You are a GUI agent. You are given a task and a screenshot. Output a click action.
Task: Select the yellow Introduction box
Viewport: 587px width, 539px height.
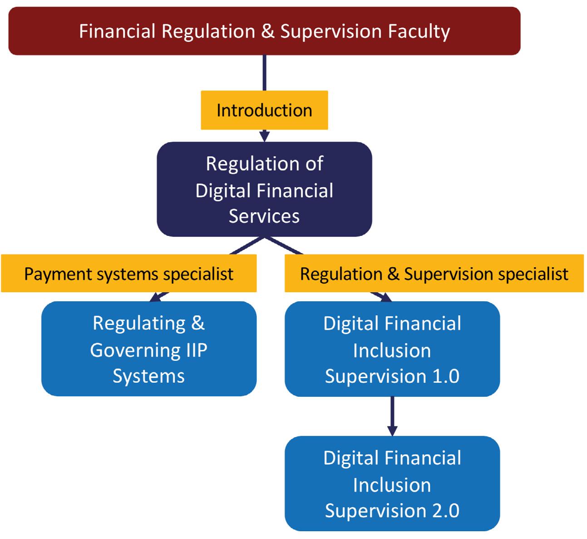pos(264,110)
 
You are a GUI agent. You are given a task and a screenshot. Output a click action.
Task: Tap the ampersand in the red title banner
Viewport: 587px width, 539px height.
pos(268,31)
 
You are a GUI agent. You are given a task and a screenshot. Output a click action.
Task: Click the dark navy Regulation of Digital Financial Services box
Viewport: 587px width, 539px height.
pos(264,189)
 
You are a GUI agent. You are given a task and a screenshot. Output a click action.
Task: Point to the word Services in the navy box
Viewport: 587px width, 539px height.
pos(264,216)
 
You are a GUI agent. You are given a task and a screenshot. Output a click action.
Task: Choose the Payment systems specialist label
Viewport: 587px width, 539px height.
pos(129,273)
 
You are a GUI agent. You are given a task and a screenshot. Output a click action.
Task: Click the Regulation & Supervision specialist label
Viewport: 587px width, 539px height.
pos(434,273)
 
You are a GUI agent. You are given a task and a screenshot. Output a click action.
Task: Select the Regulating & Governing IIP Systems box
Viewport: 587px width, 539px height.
pos(149,349)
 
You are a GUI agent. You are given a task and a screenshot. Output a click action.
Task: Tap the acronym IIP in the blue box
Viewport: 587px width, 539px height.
pos(197,350)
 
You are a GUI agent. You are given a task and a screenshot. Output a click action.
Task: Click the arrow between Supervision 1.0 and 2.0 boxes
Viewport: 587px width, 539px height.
pos(392,416)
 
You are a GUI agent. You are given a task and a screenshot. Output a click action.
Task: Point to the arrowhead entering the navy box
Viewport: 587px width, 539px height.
pos(264,136)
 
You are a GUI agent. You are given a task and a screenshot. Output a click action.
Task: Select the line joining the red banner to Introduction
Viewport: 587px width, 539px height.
pos(264,73)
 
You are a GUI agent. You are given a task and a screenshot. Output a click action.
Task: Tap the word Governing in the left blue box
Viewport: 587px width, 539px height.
pos(135,351)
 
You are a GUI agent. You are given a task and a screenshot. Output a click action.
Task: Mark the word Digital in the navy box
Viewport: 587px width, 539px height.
pos(222,191)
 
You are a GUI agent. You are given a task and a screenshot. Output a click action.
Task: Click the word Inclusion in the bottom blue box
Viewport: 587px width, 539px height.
pos(392,485)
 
